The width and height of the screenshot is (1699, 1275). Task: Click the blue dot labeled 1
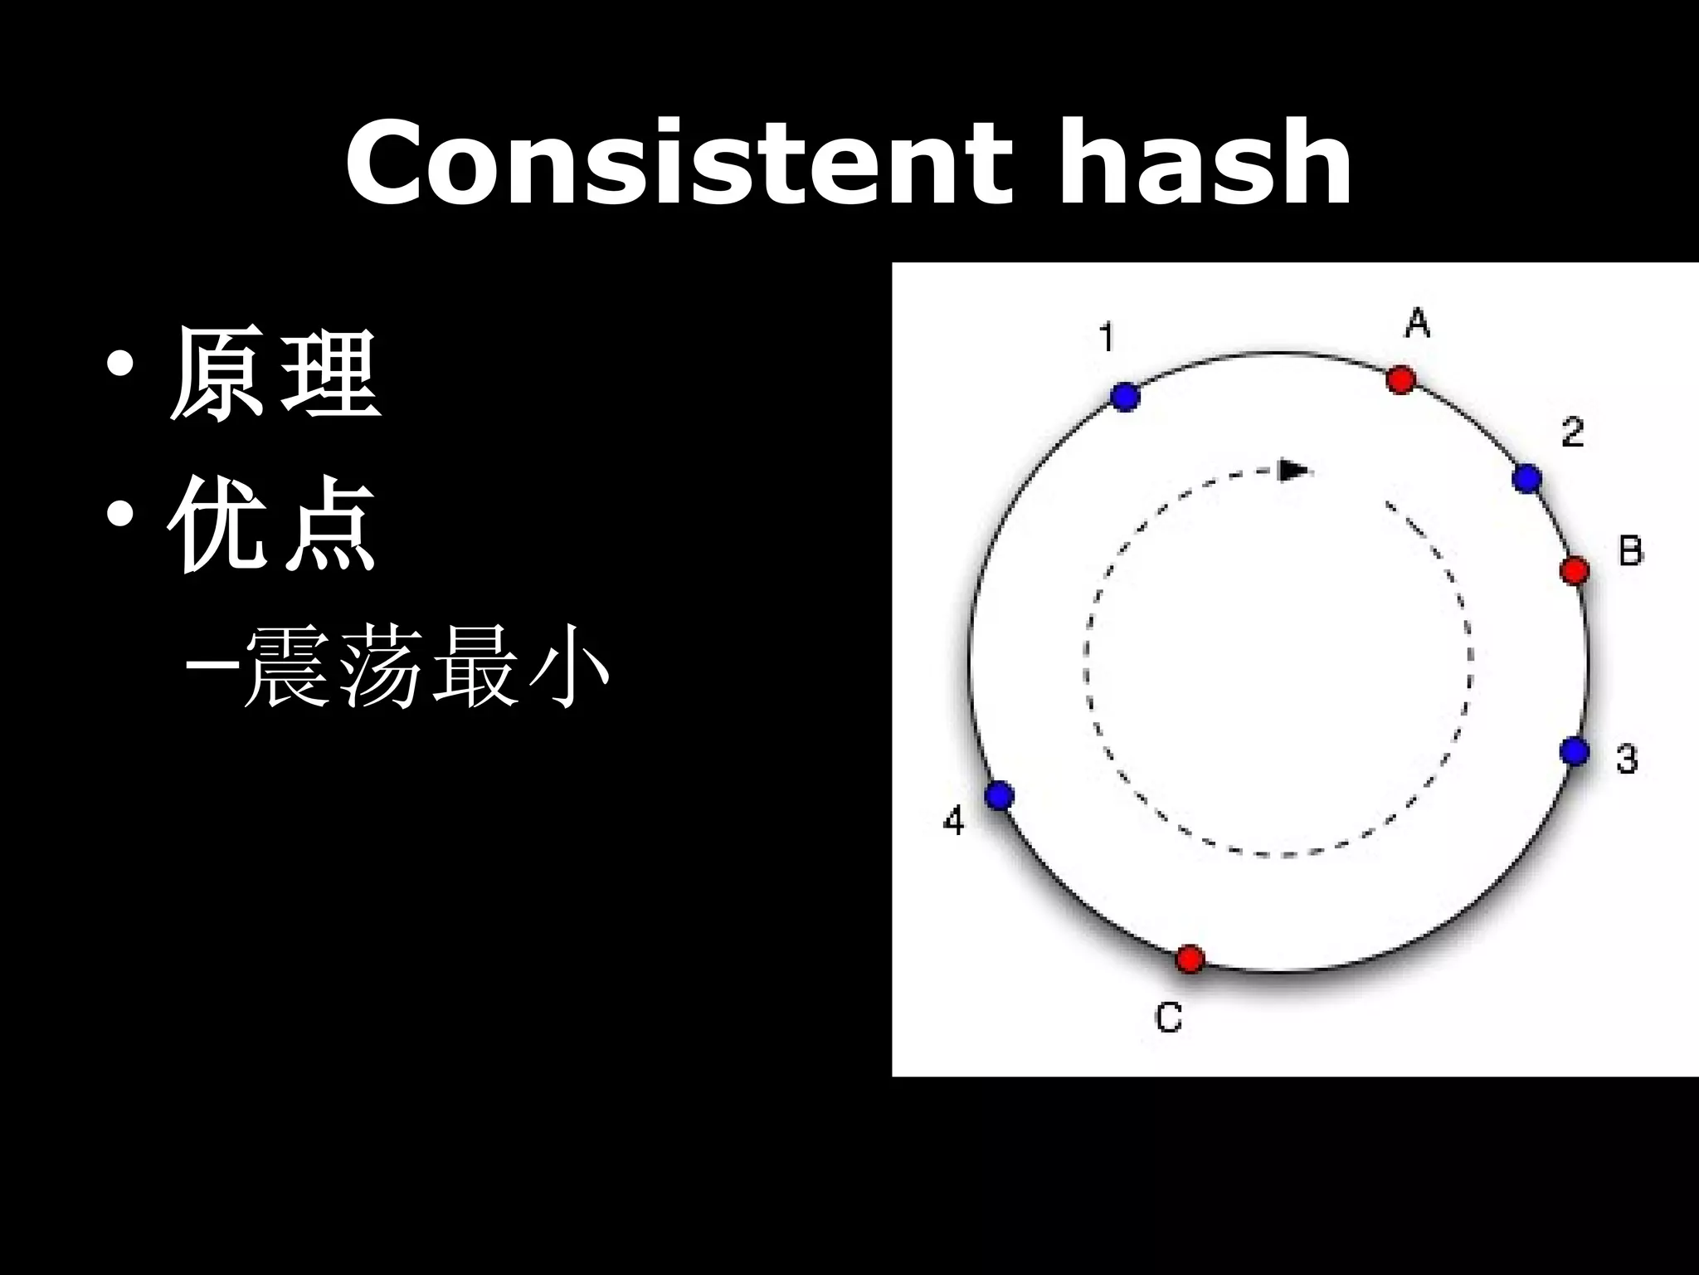(1125, 397)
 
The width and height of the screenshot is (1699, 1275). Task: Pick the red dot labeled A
(1401, 379)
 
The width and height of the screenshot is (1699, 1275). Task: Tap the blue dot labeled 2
(1526, 479)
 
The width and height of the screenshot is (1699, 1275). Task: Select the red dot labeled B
(1574, 571)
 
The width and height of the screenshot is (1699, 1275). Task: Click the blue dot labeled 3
(1574, 751)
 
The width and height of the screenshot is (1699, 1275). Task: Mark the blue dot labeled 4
(1000, 796)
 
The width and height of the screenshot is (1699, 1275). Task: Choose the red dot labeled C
(1190, 959)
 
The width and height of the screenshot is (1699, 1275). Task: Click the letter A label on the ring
(1418, 323)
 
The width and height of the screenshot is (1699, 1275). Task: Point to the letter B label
(1631, 551)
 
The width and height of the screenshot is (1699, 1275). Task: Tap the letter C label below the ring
(1169, 1017)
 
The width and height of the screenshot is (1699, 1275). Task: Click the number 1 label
(1107, 338)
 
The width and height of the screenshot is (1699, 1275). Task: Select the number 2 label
(1572, 432)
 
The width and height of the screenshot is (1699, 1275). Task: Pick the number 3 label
(1627, 759)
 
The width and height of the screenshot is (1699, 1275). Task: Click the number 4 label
(954, 822)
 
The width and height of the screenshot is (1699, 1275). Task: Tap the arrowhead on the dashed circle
(1293, 471)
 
